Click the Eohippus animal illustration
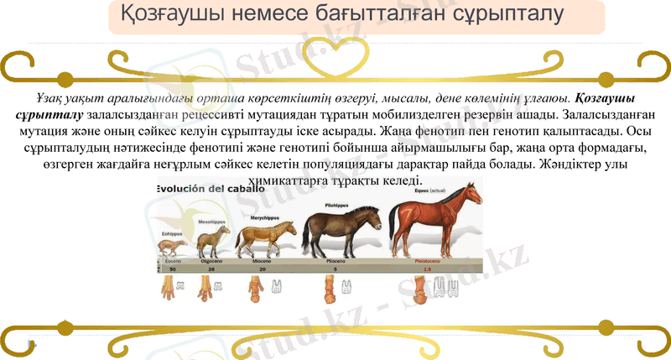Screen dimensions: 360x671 click(173, 247)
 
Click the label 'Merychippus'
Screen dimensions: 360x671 click(265, 217)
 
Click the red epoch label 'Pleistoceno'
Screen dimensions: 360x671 click(430, 262)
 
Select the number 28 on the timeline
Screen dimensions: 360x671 click(211, 270)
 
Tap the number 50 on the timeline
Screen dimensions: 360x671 click(173, 270)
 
